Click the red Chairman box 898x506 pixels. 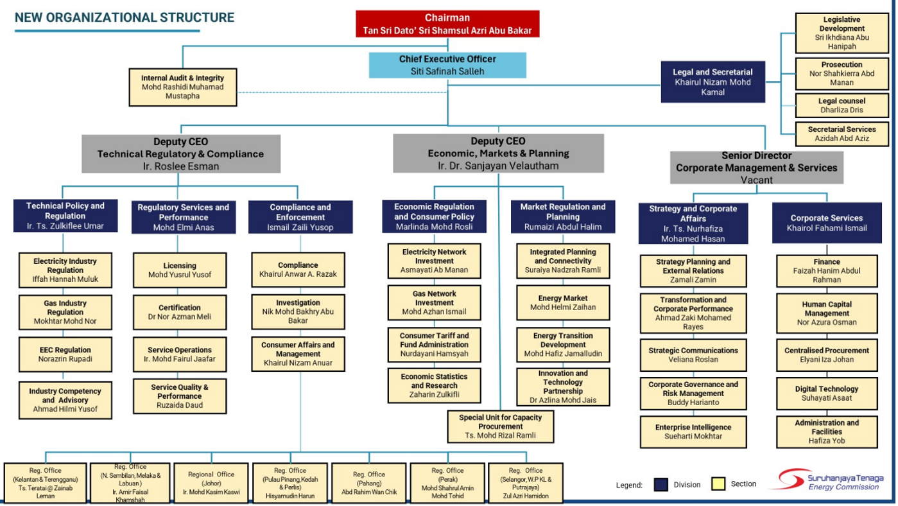click(x=447, y=24)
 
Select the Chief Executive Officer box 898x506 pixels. click(x=447, y=65)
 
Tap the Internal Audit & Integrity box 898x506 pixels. click(x=182, y=87)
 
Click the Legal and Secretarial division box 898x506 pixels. click(x=712, y=82)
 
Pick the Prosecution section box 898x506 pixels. click(x=842, y=73)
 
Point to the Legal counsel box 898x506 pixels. click(x=842, y=105)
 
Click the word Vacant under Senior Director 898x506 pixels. click(x=757, y=180)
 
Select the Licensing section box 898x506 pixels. click(x=180, y=270)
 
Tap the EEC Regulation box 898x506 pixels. click(x=65, y=354)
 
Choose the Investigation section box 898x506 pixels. click(x=298, y=311)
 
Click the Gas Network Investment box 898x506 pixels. click(x=435, y=302)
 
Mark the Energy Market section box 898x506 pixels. click(x=563, y=302)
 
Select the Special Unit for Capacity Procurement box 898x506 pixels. click(x=500, y=426)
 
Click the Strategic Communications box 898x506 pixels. click(x=693, y=355)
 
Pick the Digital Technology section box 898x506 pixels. click(x=827, y=393)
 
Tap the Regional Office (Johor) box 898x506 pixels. click(x=211, y=483)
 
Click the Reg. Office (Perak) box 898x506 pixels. click(x=447, y=483)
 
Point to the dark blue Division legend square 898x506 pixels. click(x=661, y=484)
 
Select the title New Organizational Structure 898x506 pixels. click(x=125, y=18)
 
